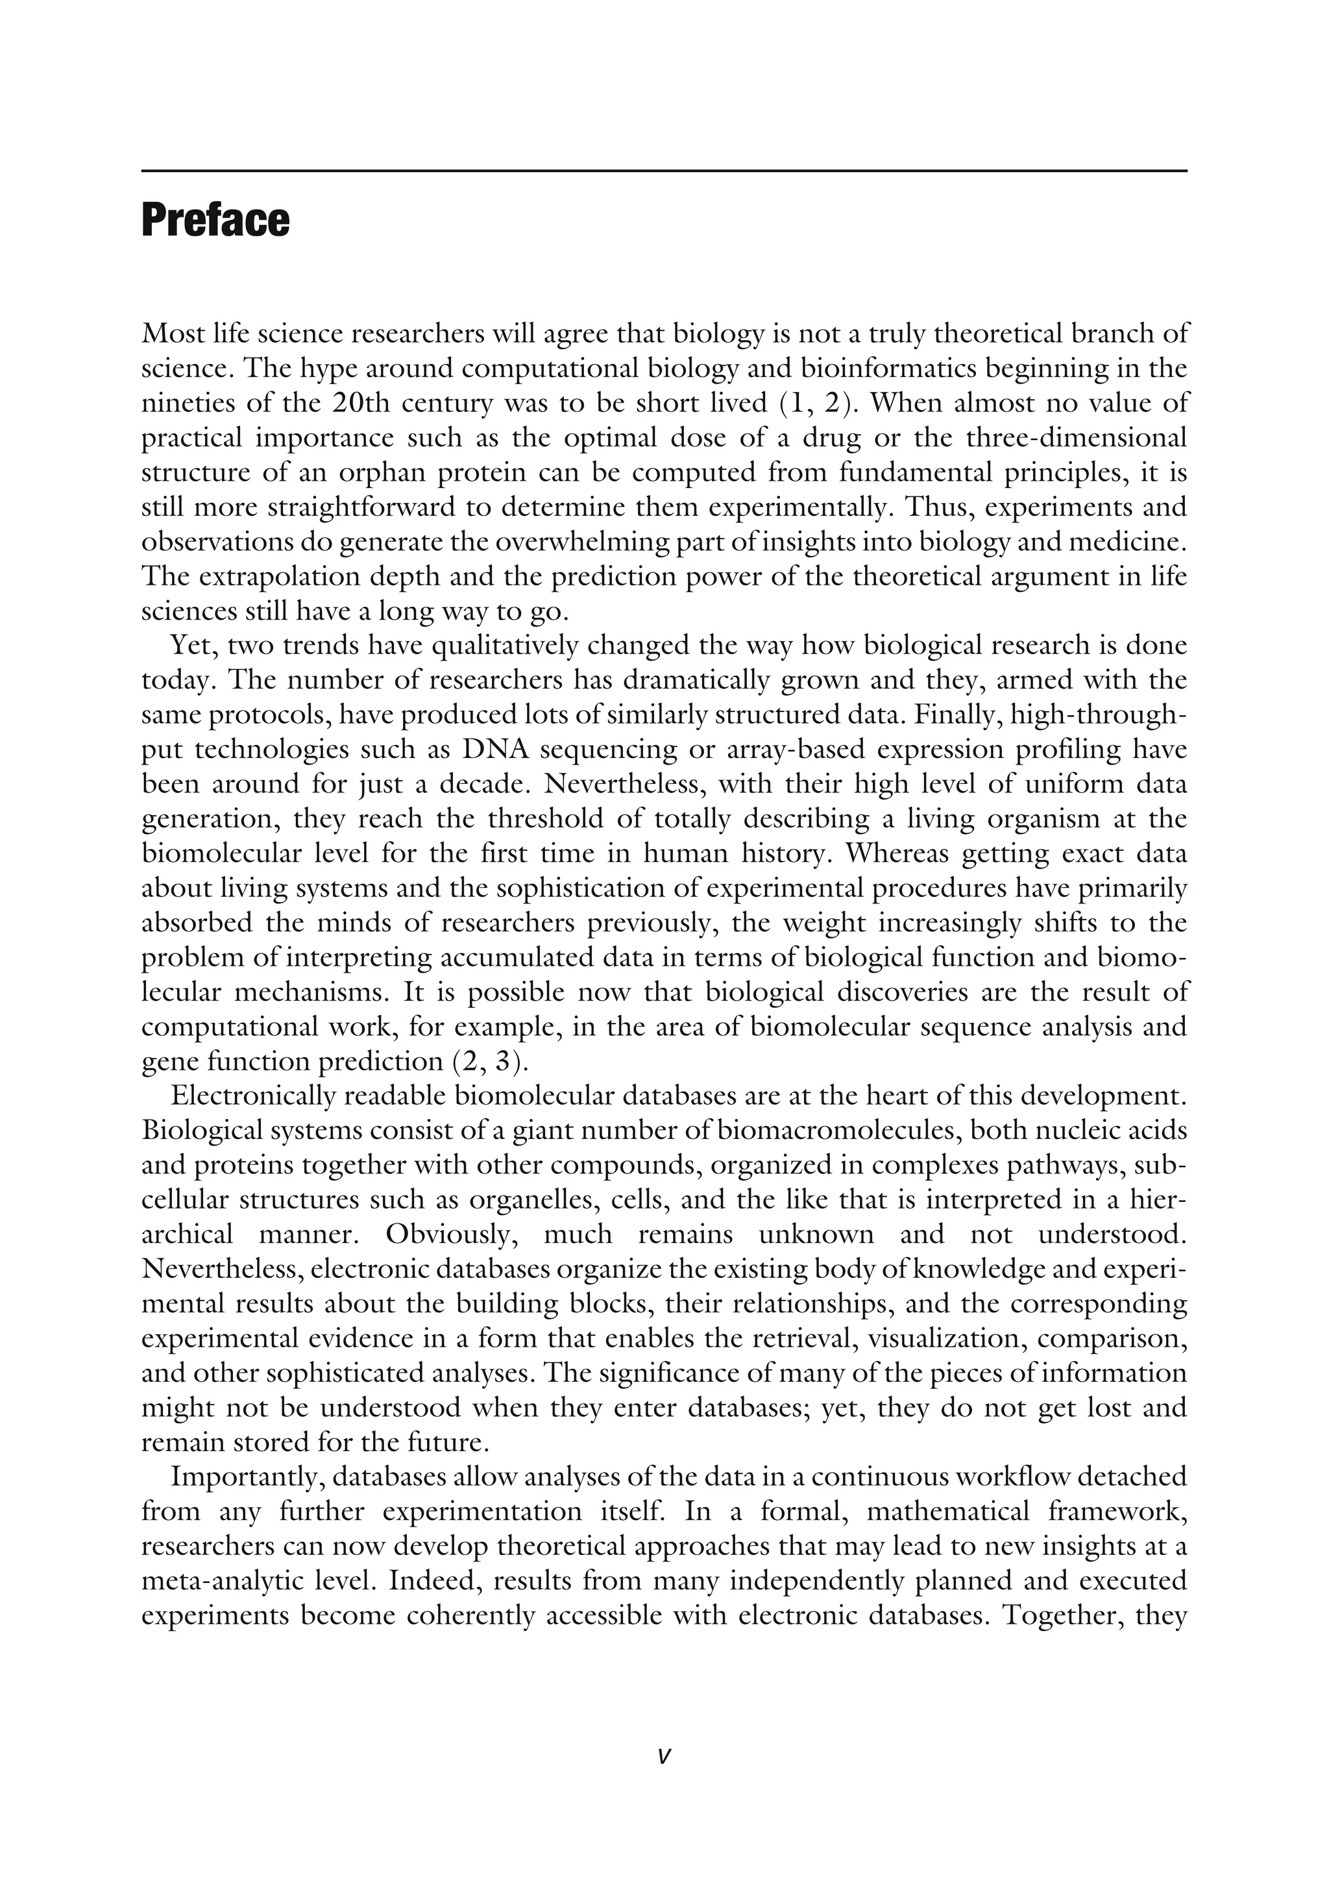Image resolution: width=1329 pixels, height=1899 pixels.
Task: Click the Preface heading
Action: pos(215,221)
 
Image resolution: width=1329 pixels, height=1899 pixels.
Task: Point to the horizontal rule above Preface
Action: pos(663,171)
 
